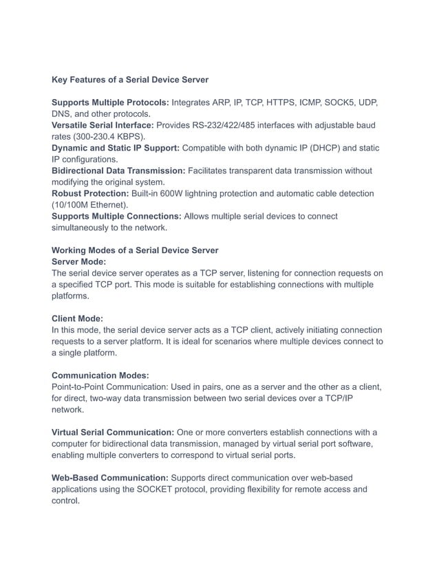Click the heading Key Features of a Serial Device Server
(x=130, y=80)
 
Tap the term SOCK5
(x=327, y=102)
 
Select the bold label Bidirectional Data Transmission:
(x=118, y=171)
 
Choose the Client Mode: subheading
(x=77, y=318)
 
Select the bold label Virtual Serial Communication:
(x=113, y=432)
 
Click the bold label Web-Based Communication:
(x=109, y=477)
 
